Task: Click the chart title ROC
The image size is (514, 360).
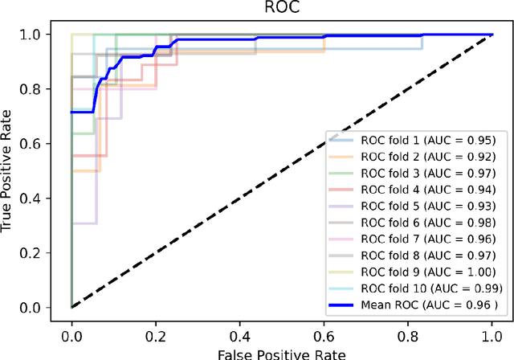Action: pyautogui.click(x=281, y=9)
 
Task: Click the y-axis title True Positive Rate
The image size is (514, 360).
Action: pyautogui.click(x=10, y=171)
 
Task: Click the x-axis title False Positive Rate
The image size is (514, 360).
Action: pyautogui.click(x=281, y=353)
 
